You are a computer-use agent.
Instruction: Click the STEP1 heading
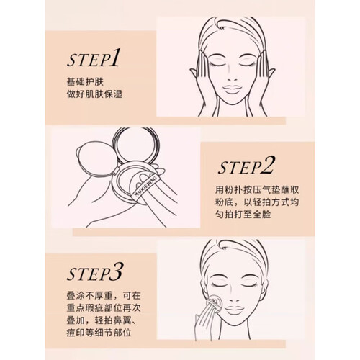[x=93, y=58]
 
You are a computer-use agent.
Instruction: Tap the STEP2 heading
[x=246, y=166]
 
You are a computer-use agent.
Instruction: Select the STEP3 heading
[x=94, y=272]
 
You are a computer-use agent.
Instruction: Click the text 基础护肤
[x=85, y=82]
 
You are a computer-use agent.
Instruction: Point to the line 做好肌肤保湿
[x=94, y=94]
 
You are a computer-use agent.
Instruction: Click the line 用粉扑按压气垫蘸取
[x=257, y=190]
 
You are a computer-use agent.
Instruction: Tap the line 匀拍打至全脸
[x=243, y=215]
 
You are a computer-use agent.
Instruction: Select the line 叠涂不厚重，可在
[x=104, y=296]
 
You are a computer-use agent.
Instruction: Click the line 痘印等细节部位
[x=99, y=333]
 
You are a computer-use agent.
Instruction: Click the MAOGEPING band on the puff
[x=145, y=185]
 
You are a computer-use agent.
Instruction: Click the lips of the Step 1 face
[x=232, y=89]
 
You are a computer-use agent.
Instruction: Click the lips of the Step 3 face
[x=235, y=308]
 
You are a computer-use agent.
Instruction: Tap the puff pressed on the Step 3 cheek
[x=215, y=303]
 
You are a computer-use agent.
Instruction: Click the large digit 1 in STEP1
[x=114, y=57]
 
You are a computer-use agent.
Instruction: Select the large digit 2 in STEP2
[x=267, y=165]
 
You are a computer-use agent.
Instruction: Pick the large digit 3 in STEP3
[x=116, y=271]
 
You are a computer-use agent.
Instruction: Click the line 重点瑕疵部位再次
[x=104, y=308]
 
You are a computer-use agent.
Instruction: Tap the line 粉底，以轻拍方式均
[x=257, y=202]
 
